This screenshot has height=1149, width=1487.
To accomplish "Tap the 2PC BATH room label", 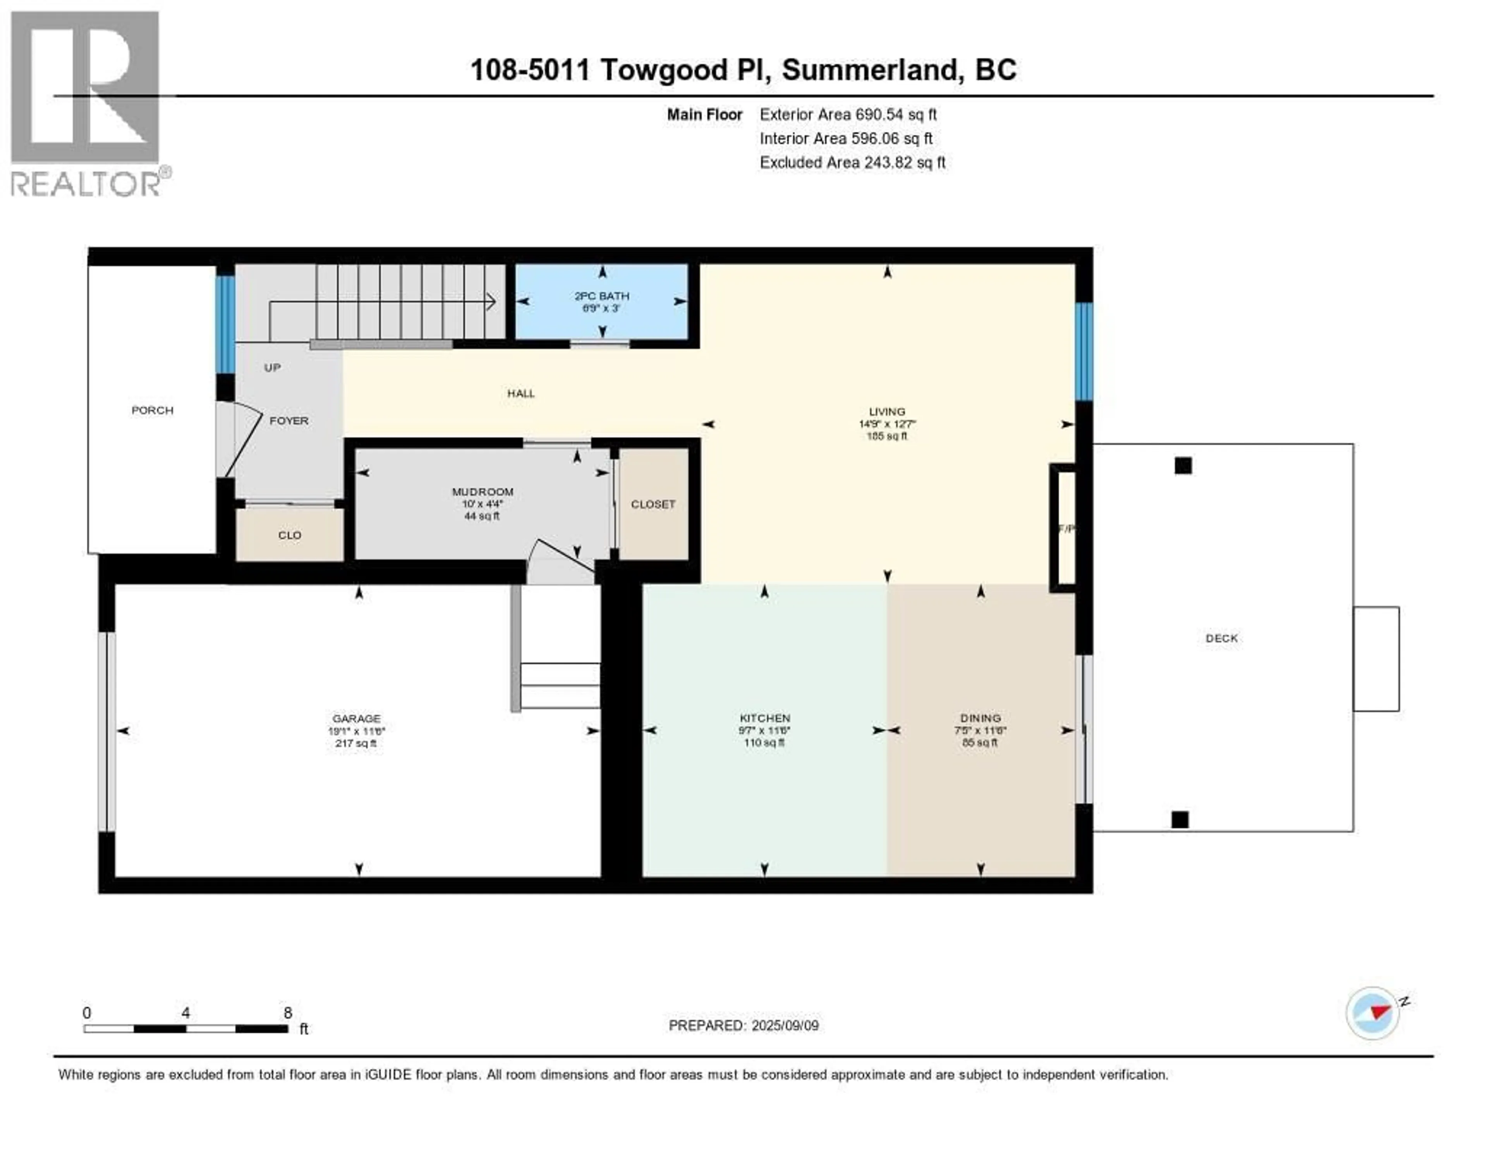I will pyautogui.click(x=601, y=296).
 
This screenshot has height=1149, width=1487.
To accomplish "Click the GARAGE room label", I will pyautogui.click(x=356, y=719).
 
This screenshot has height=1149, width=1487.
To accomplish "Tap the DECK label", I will pyautogui.click(x=1221, y=638).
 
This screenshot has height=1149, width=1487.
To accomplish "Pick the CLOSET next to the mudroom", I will pyautogui.click(x=652, y=504).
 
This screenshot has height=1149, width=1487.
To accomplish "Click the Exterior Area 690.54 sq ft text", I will pyautogui.click(x=848, y=114).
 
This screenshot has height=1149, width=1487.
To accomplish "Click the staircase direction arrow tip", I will pyautogui.click(x=494, y=302).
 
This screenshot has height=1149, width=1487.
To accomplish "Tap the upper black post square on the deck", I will pyautogui.click(x=1183, y=466).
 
